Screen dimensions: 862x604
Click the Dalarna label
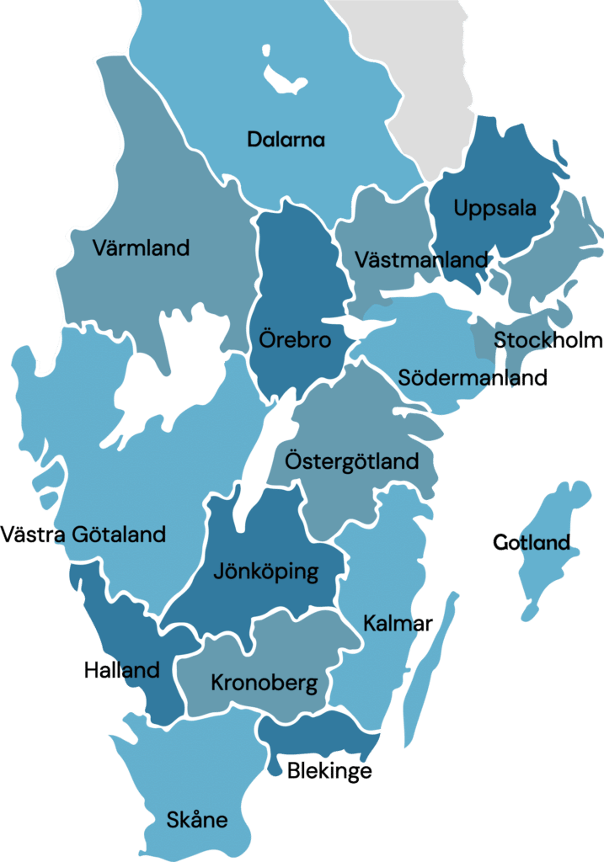(x=286, y=140)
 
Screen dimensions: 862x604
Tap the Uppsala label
(x=494, y=208)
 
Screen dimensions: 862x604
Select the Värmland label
(x=141, y=248)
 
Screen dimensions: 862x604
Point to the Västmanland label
(x=421, y=259)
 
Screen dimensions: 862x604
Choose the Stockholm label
(x=548, y=341)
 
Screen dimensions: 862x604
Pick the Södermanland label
(x=473, y=377)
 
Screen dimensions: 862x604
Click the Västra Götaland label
(x=83, y=535)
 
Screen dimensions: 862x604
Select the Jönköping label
(x=265, y=572)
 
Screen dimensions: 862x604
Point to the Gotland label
(x=532, y=542)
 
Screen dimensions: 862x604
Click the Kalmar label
(x=398, y=624)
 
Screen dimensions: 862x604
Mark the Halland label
(x=121, y=670)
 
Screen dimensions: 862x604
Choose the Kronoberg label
(x=264, y=683)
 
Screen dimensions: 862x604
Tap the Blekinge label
(x=329, y=770)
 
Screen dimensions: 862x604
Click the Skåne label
(x=197, y=819)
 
